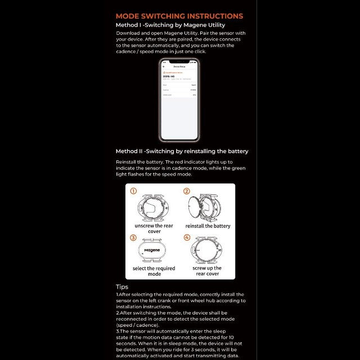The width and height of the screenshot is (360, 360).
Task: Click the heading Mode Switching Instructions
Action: coord(179,16)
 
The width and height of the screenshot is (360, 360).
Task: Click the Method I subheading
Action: coord(170,25)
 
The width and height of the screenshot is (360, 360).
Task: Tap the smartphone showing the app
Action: coord(179,100)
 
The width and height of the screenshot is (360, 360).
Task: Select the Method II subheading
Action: coord(182,151)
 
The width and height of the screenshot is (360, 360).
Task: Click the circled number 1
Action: coord(133,191)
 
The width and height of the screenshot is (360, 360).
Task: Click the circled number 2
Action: coord(187,191)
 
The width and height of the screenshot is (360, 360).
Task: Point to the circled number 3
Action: coord(133,237)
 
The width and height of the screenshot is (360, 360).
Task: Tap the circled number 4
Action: coord(187,237)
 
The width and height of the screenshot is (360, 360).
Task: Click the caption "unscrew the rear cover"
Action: coord(154,228)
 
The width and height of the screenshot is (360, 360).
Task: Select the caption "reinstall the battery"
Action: coord(208,226)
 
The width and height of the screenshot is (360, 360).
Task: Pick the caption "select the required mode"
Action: coord(154,271)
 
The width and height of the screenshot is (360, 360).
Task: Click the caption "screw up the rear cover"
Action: coord(208,271)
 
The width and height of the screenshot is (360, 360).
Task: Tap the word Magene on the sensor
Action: coord(152,250)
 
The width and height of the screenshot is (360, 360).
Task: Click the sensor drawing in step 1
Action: coord(155,206)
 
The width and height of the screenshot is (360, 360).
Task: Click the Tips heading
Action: coord(122,287)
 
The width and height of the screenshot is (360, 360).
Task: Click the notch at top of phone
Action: coord(179,61)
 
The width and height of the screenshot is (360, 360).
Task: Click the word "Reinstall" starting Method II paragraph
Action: coord(127,162)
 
